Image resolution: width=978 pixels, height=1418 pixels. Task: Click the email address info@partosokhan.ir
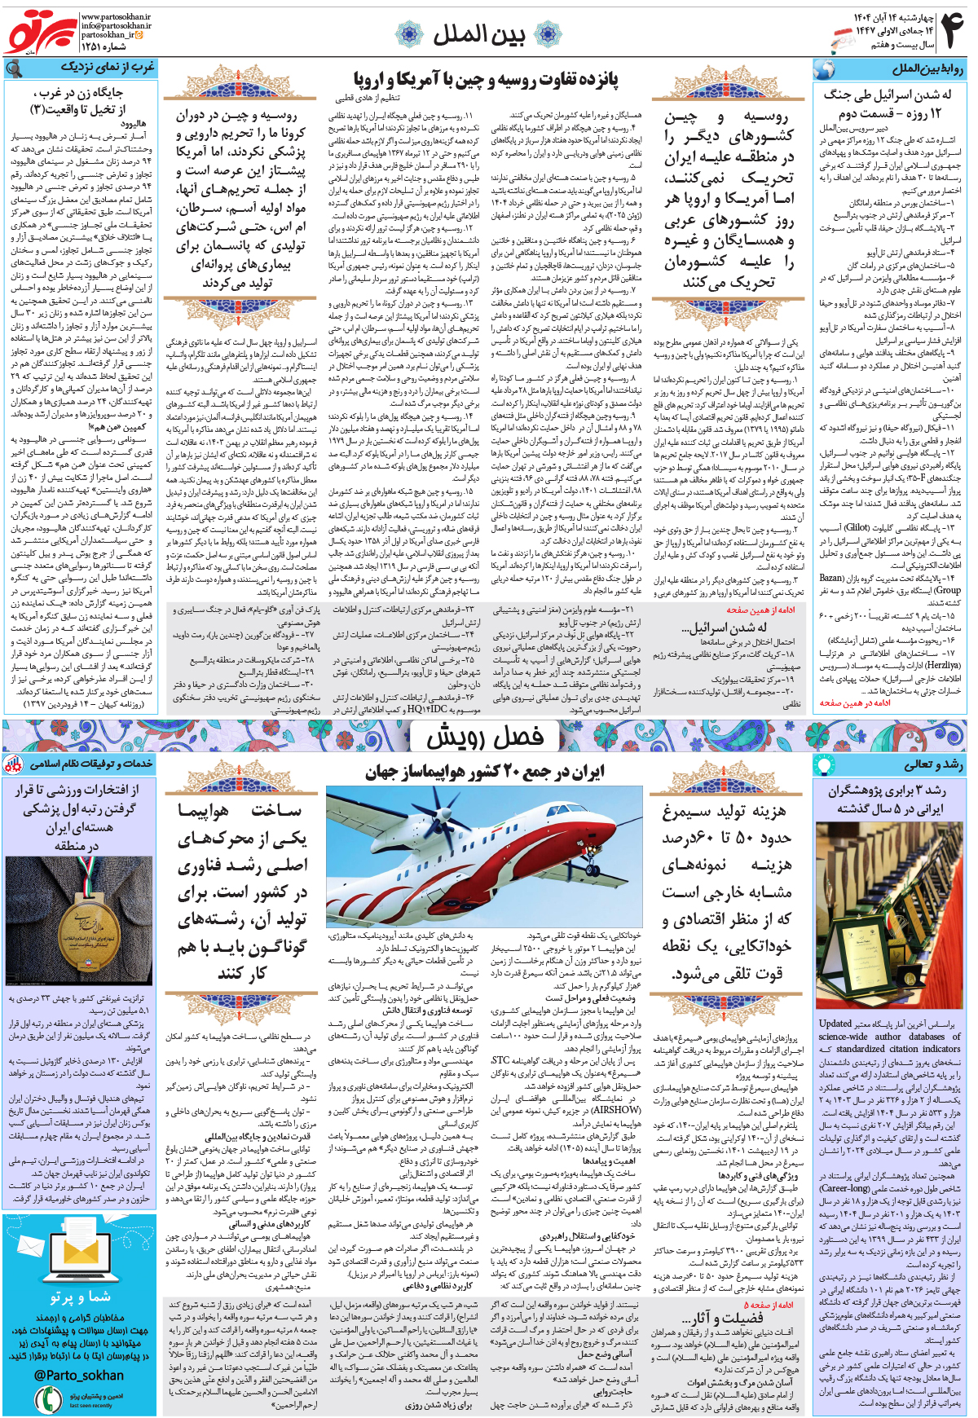pos(116,26)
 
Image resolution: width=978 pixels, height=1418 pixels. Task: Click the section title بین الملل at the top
pos(478,34)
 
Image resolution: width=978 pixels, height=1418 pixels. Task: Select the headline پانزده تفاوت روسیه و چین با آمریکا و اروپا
pos(486,80)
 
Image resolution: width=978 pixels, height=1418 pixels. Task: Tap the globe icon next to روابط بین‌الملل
pos(824,69)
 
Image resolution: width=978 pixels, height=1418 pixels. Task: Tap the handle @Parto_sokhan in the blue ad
pos(79,1376)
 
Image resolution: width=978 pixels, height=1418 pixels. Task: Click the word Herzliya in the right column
pos(943,665)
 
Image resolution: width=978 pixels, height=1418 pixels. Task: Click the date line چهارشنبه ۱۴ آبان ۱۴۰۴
pos(893,17)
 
